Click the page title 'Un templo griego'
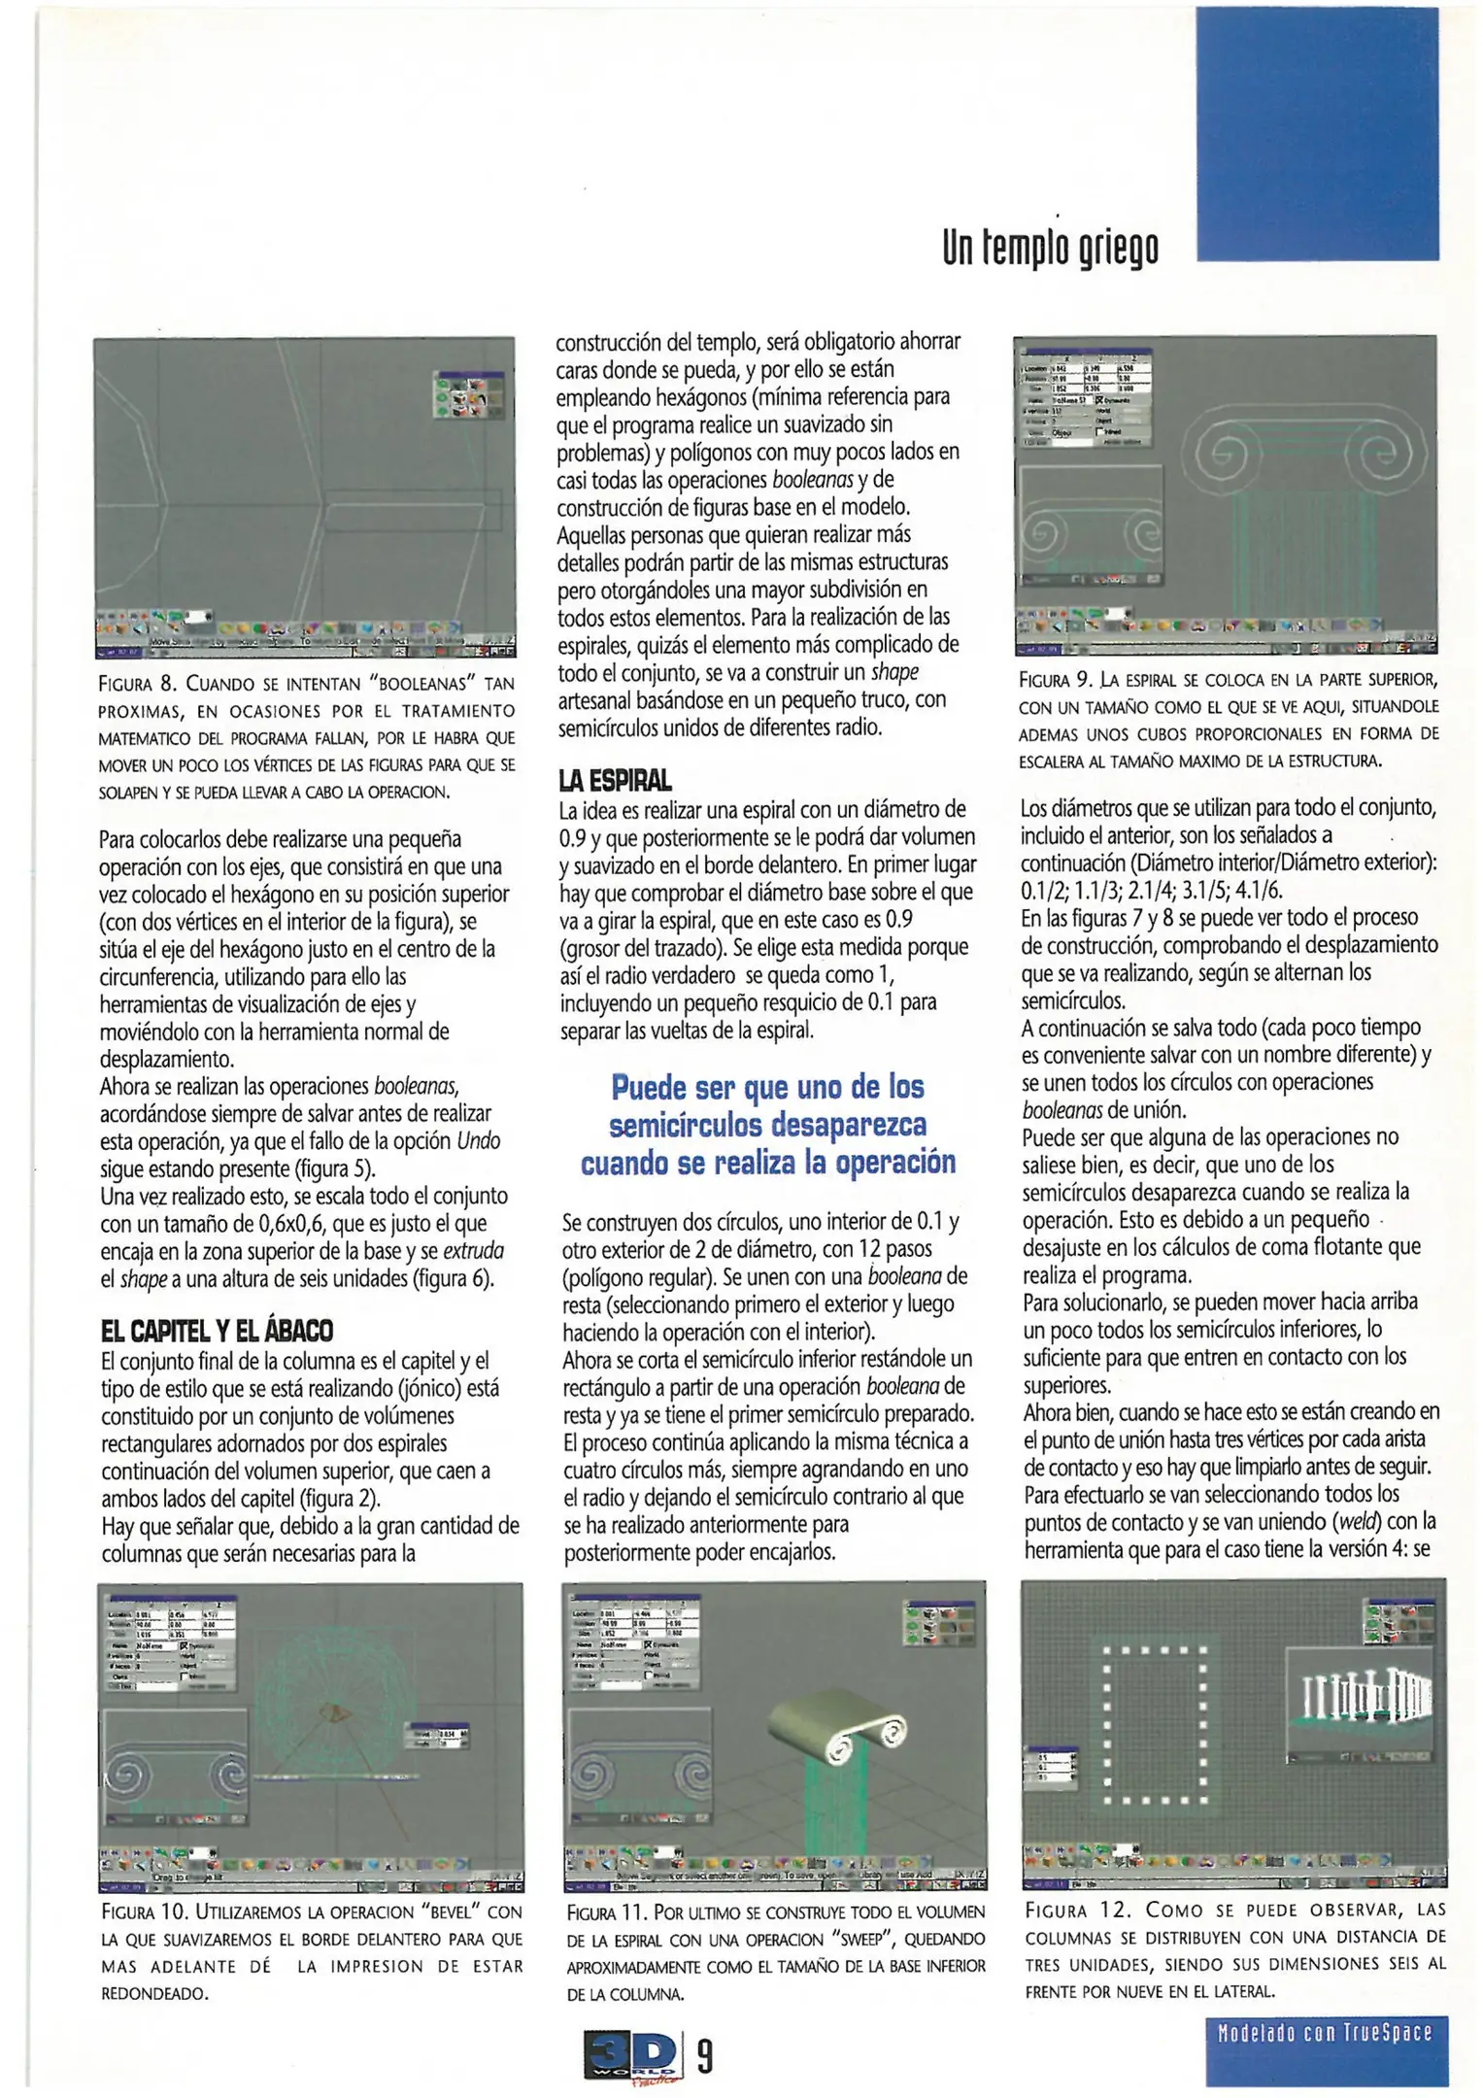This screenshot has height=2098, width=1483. pos(1050,249)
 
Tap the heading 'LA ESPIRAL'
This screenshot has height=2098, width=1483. pos(615,780)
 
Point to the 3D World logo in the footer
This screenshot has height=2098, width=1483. pos(631,2055)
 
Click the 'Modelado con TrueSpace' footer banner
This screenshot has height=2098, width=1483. pos(1325,2032)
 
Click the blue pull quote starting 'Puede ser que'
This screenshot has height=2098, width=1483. pos(767,1124)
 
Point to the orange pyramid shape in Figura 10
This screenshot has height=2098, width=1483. pos(337,1712)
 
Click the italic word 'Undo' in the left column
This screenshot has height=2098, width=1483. pos(478,1140)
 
